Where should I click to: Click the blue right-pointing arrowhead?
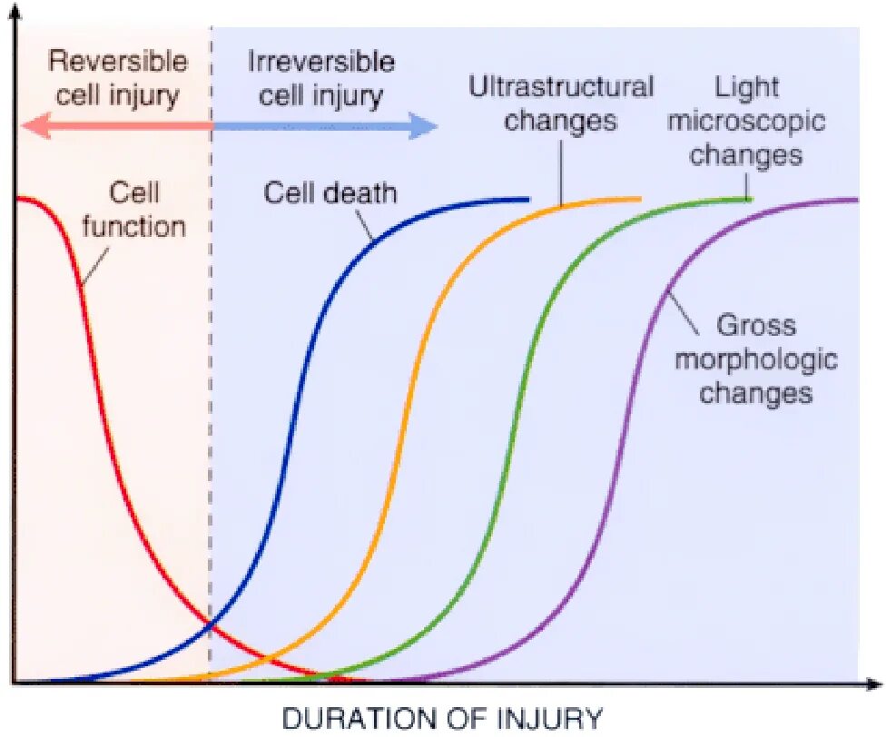pos(425,125)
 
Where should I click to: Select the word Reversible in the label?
pos(118,62)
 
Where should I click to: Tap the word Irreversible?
pos(321,62)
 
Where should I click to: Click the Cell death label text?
pos(330,192)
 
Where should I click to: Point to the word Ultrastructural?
pos(561,87)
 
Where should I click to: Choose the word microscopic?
pos(746,120)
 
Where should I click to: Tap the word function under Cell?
pos(134,225)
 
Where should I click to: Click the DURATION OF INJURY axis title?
pos(442,718)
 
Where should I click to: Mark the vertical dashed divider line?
pos(211,454)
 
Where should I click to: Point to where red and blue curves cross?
pos(211,623)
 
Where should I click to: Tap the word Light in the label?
pos(747,87)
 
